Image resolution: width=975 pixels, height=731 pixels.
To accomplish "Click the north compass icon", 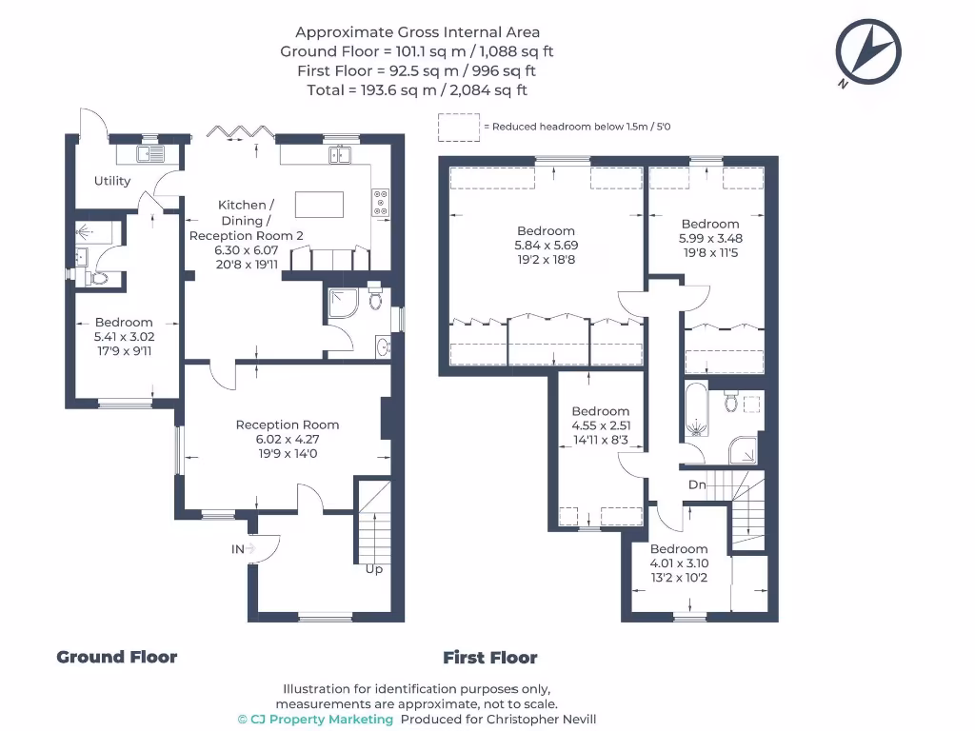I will [867, 52].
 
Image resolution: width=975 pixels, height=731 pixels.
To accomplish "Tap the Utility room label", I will [112, 181].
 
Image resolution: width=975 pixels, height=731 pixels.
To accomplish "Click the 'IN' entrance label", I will [237, 549].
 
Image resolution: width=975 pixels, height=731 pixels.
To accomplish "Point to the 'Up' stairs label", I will [374, 569].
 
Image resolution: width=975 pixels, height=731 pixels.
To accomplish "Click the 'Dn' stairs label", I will [697, 484].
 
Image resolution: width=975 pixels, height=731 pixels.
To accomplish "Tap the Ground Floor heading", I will [116, 657].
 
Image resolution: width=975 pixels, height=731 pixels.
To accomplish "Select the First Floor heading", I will [489, 658].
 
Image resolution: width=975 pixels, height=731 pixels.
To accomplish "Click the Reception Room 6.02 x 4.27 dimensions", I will [287, 440].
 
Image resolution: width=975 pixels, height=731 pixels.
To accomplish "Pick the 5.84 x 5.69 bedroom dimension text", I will [546, 246].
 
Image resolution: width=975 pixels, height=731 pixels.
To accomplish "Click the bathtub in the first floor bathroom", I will [695, 409].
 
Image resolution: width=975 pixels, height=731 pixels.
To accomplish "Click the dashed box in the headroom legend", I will [458, 127].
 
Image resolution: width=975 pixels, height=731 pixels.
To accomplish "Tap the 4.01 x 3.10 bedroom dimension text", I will [679, 563].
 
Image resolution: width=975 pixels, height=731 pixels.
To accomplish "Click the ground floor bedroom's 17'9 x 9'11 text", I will [124, 350].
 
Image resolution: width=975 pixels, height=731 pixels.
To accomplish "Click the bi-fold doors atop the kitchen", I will [236, 134].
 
